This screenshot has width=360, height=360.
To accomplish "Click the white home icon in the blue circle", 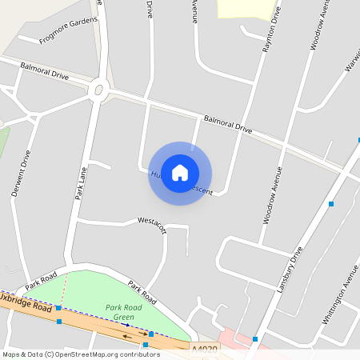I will tap(180, 173).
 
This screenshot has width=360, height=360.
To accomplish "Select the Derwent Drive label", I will tap(21, 174).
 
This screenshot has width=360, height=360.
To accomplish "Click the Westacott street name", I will tap(152, 220).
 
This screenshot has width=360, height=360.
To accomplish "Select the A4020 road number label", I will tap(204, 349).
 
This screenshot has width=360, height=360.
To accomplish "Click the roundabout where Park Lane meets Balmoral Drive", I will tap(99, 90).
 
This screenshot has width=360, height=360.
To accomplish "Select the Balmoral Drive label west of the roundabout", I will tap(45, 71).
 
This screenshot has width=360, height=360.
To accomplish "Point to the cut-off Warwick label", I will tap(352, 58).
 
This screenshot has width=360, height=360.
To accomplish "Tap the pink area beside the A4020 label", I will tap(232, 337).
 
